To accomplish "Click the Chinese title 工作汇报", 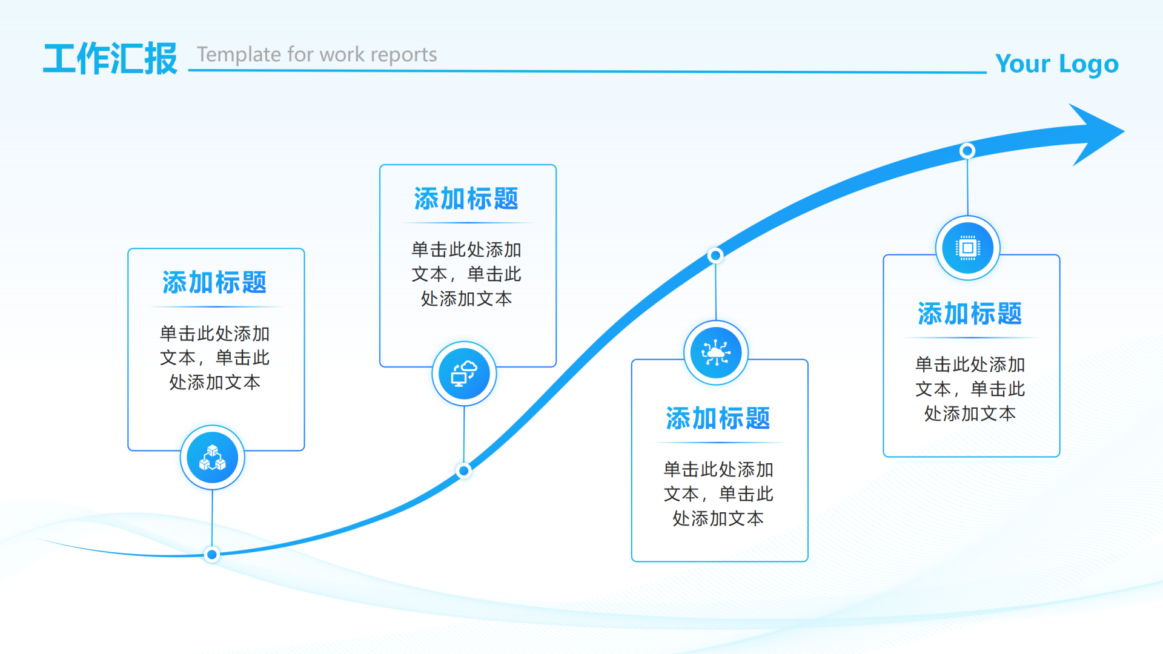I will pyautogui.click(x=110, y=59).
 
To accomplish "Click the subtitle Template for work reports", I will pyautogui.click(x=317, y=54).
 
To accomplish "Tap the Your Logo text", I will pyautogui.click(x=1056, y=64).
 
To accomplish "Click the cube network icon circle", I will pyautogui.click(x=213, y=458).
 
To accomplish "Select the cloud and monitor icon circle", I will pyautogui.click(x=464, y=374).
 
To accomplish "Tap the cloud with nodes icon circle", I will pyautogui.click(x=716, y=352).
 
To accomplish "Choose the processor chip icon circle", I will pyautogui.click(x=967, y=248).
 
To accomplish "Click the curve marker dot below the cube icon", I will pyautogui.click(x=212, y=554).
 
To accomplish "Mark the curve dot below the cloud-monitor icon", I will pyautogui.click(x=464, y=471).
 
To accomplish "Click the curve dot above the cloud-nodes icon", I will pyautogui.click(x=715, y=256).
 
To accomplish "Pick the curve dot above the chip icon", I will pyautogui.click(x=967, y=151).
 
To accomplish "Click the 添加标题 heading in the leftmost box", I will pyautogui.click(x=214, y=283).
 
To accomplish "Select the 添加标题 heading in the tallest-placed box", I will pyautogui.click(x=466, y=199).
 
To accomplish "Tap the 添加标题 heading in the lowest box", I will pyautogui.click(x=718, y=418).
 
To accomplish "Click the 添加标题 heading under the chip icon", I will pyautogui.click(x=970, y=314).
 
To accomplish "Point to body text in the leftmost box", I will pyautogui.click(x=214, y=358).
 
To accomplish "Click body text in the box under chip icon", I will pyautogui.click(x=970, y=389).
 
